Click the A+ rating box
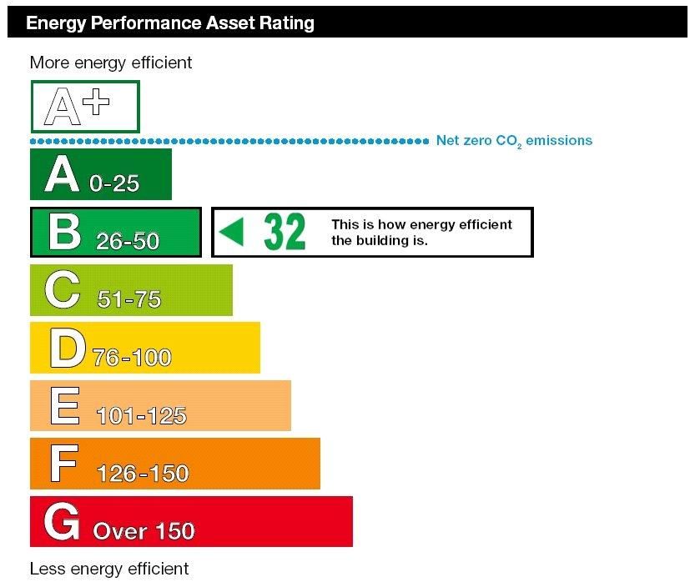(x=84, y=106)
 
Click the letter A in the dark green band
(x=63, y=174)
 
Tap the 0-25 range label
(x=114, y=183)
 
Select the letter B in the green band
(x=64, y=232)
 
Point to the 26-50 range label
(x=127, y=241)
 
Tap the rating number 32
(x=285, y=232)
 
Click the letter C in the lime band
(x=63, y=290)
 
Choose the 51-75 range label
(x=128, y=299)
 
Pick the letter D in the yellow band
(x=67, y=349)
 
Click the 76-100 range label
(x=132, y=358)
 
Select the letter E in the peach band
(x=64, y=406)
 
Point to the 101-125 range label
(x=141, y=415)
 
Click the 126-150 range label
(x=143, y=474)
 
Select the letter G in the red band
(x=62, y=522)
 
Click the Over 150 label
(x=144, y=531)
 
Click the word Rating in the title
(x=286, y=23)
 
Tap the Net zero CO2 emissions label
(x=514, y=141)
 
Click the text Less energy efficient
(x=109, y=569)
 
